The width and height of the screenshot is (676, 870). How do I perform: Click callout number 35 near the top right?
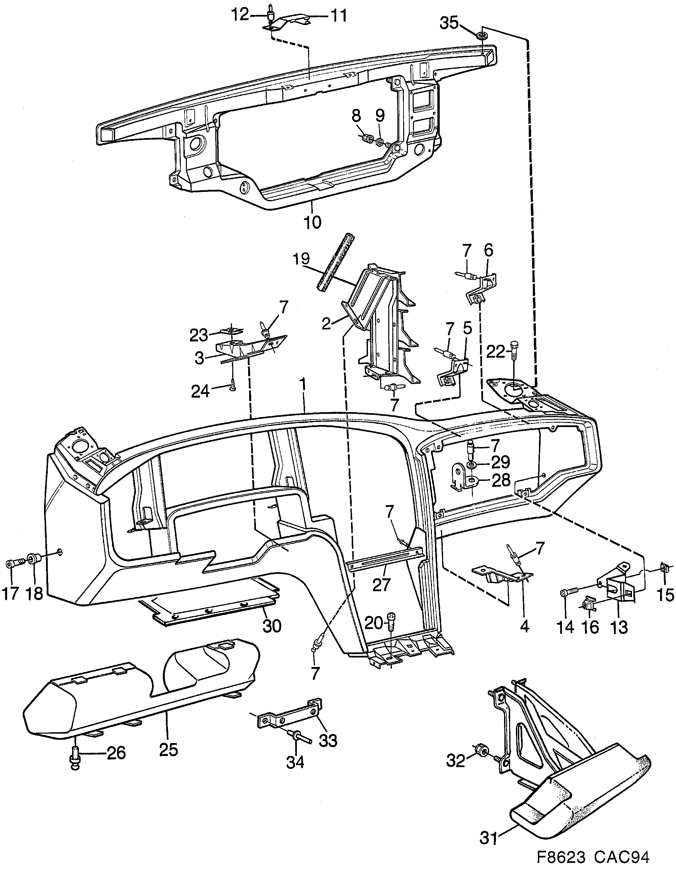449,23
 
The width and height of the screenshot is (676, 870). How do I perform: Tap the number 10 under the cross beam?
312,222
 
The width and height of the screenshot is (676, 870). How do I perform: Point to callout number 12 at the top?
251,16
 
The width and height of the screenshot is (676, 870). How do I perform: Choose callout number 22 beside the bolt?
496,352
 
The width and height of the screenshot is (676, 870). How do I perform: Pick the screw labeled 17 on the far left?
12,564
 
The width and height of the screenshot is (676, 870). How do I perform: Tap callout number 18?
34,593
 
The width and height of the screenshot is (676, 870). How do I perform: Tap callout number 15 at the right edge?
663,595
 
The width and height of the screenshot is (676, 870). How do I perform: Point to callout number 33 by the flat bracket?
328,741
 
